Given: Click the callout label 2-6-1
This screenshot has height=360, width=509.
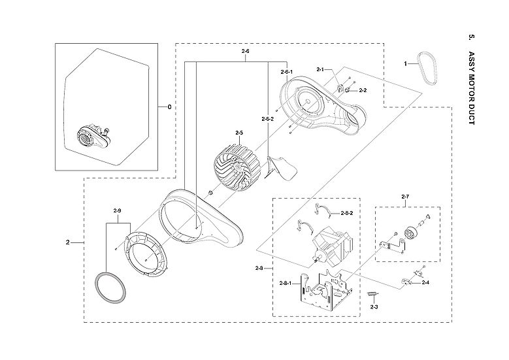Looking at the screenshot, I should [x=286, y=71].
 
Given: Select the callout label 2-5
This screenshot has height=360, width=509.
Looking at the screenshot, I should [x=238, y=133].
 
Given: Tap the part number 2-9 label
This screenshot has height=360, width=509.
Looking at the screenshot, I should [x=118, y=210].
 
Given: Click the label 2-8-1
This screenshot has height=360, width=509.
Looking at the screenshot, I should [x=286, y=283].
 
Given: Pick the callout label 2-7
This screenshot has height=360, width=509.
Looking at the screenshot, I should [x=405, y=197].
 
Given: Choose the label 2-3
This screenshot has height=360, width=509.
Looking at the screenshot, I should [x=374, y=306].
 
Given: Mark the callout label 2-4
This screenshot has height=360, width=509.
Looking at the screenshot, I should [x=425, y=282].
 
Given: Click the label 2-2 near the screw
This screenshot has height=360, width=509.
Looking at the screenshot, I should [x=363, y=90].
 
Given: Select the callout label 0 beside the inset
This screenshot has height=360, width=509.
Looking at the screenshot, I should [x=169, y=107].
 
